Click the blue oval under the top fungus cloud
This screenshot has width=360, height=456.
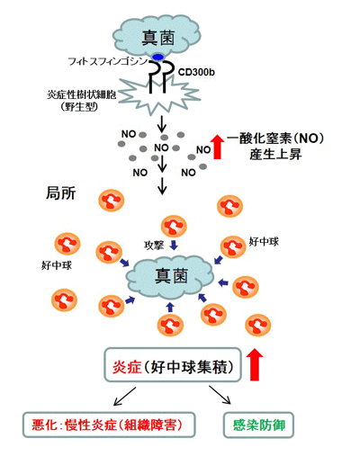coord(157,57)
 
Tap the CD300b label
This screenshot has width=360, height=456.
coord(196,72)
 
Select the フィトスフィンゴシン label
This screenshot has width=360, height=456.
coord(108,62)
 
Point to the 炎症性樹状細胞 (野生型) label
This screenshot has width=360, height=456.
coord(81,101)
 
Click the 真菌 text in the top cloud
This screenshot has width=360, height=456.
coord(158,38)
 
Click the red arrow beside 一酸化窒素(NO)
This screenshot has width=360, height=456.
coord(217,147)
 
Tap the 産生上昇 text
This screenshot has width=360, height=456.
coord(275,155)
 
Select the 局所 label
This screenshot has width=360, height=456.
coord(60,193)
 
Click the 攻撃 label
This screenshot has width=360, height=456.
coord(154,246)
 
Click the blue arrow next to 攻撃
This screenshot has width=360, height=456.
coord(174,246)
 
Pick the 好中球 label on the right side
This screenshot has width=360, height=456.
coord(264,242)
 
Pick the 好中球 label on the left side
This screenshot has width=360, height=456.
coord(57,265)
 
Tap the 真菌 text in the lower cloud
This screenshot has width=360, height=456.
coord(171,276)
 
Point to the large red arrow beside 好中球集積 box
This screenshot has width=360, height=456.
coord(255,364)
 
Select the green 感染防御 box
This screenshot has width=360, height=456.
coord(258,425)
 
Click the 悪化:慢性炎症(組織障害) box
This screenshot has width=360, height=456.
coord(109,425)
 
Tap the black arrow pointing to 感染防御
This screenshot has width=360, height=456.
coord(220,395)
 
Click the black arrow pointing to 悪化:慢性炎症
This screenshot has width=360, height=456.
coord(125,397)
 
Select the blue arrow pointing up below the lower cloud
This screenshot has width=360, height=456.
coord(170,308)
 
